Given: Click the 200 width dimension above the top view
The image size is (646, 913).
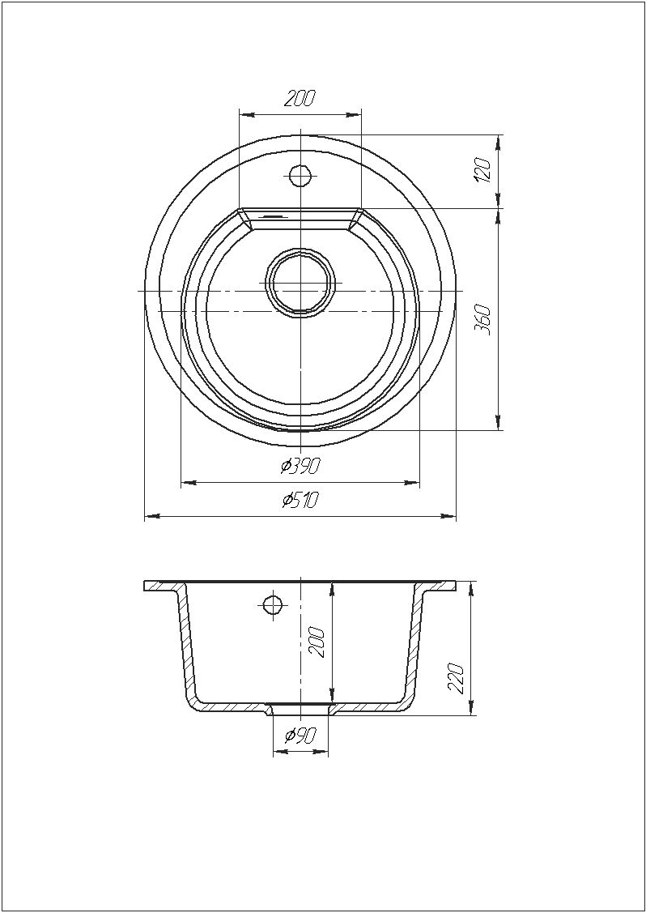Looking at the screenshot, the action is click(300, 100).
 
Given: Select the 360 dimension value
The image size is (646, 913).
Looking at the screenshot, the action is click(484, 319).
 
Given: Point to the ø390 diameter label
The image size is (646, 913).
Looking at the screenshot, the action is click(300, 466).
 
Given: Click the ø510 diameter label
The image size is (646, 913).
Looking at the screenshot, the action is click(300, 500).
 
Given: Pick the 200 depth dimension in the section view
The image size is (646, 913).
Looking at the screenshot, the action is click(316, 642).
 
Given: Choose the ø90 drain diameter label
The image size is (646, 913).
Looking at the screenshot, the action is click(300, 736).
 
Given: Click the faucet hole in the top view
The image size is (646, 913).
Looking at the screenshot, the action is click(300, 175).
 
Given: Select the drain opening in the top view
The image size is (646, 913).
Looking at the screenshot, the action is click(300, 283).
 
